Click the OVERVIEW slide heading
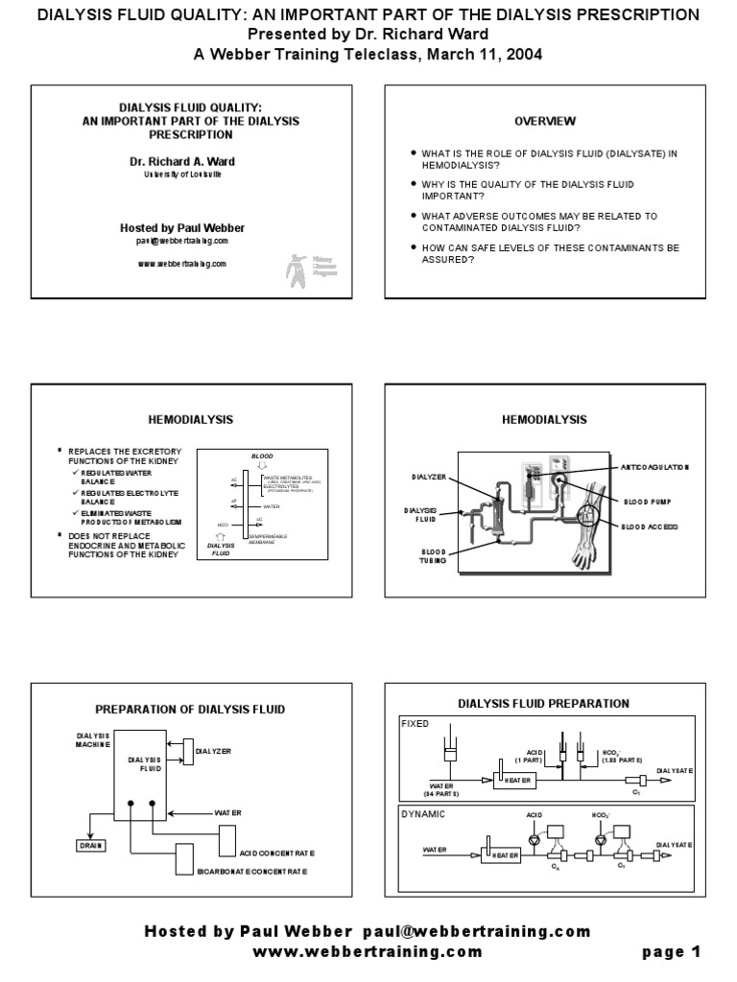(545, 121)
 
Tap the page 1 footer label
(672, 952)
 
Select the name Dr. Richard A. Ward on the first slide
(182, 161)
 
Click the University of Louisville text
(182, 175)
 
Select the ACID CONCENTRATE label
(277, 853)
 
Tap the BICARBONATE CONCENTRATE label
(252, 872)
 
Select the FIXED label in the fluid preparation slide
(416, 723)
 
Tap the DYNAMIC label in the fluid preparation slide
(422, 813)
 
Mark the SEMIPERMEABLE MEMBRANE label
(270, 539)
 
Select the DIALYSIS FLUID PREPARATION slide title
(543, 703)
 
